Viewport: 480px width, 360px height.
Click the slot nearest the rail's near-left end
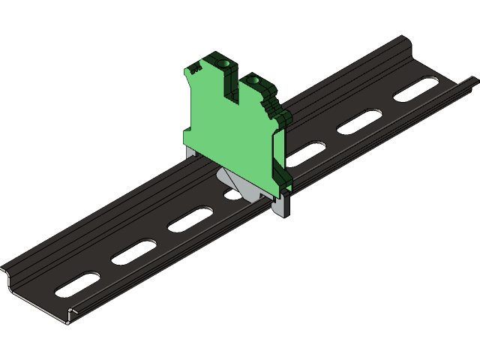(x=77, y=283)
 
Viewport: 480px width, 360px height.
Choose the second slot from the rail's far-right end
(x=361, y=120)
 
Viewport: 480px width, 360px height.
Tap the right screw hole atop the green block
(x=253, y=79)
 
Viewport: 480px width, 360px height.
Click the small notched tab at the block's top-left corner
(x=193, y=68)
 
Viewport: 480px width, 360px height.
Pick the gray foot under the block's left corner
(x=190, y=153)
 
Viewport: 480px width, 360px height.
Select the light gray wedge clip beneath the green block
(x=229, y=182)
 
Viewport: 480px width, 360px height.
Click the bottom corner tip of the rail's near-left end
(x=69, y=323)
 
